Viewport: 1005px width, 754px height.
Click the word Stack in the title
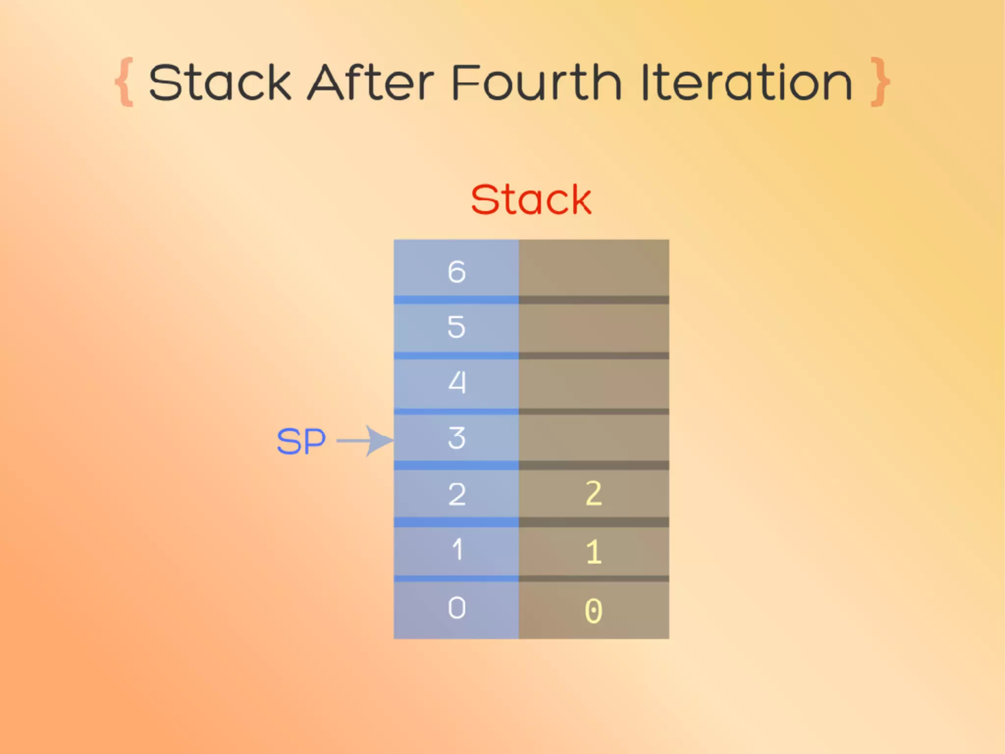point(220,83)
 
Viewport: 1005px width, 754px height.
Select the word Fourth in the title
point(536,83)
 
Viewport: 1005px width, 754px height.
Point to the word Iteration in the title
point(747,83)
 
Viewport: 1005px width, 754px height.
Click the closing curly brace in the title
point(880,82)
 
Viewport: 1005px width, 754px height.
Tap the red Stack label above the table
point(531,200)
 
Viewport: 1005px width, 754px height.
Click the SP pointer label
point(301,441)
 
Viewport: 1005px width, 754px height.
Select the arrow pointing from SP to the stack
point(366,441)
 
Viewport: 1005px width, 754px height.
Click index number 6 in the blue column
point(456,271)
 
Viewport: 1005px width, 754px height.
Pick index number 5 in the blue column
point(456,327)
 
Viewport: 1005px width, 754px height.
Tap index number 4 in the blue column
point(456,382)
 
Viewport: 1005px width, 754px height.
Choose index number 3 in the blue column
point(456,438)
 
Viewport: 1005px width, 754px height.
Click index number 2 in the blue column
point(456,494)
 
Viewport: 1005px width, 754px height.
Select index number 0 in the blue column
point(456,608)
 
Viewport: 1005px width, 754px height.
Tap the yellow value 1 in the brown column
point(593,552)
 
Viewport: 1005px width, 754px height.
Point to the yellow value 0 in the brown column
point(593,611)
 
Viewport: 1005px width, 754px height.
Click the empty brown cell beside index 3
point(594,438)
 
